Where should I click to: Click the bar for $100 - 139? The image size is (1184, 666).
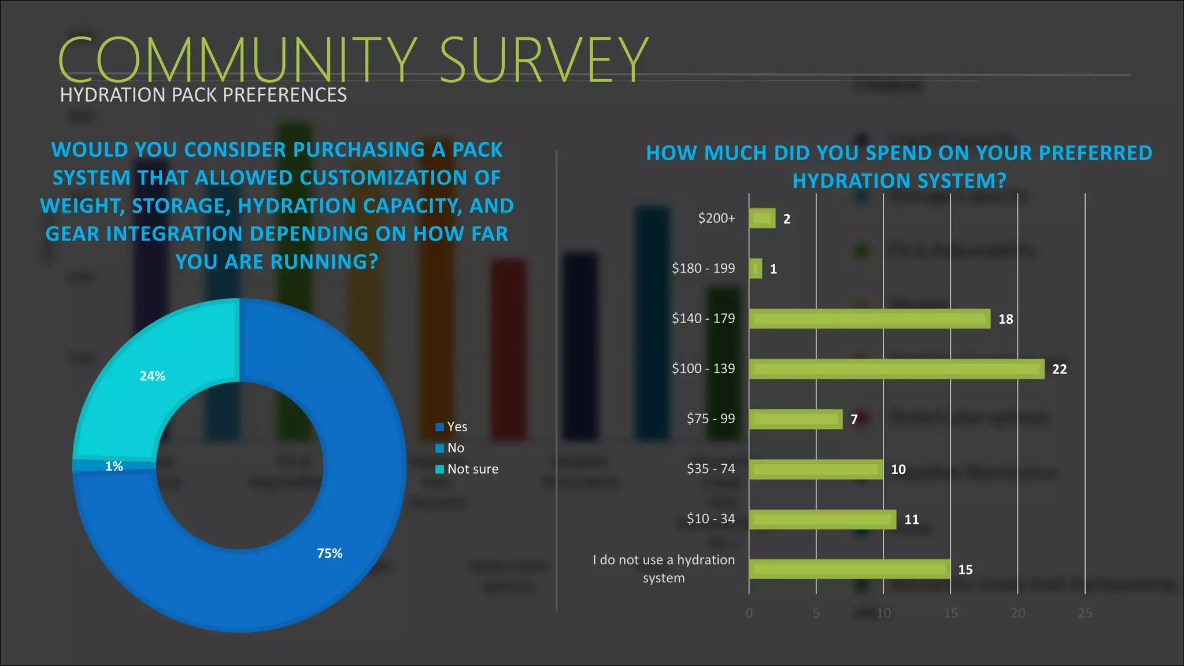point(896,369)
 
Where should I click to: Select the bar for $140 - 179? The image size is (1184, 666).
point(869,319)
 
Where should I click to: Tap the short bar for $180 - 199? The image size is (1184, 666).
point(755,268)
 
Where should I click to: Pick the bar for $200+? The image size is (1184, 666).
point(762,218)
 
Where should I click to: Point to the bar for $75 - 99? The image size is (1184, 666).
point(795,419)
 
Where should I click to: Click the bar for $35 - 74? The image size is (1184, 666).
point(816,469)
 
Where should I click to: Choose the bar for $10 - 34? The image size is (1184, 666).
point(822,519)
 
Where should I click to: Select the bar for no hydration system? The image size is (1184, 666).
point(849,569)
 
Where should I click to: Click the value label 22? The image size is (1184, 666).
point(1059,369)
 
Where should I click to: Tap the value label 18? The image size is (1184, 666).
point(1005,319)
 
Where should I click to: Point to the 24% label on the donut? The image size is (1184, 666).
point(153,376)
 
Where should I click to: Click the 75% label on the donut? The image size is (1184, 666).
point(330,553)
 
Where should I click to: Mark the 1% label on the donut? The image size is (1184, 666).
point(114,467)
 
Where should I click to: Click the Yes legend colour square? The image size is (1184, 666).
point(439,427)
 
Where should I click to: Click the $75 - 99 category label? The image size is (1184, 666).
point(711,419)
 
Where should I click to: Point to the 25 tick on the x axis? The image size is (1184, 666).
point(1085,613)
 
